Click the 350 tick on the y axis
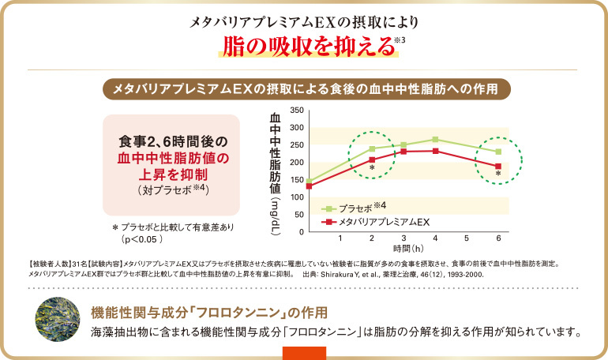[296, 111]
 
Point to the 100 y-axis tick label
[296, 197]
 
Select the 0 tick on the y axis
[300, 232]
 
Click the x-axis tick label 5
[467, 238]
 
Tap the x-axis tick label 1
[340, 238]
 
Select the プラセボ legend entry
[354, 208]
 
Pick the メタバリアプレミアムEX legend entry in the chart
[377, 222]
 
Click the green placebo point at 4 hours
[435, 140]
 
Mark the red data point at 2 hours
[372, 160]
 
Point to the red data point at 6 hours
[498, 167]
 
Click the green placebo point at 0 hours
[309, 182]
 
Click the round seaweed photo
[55, 320]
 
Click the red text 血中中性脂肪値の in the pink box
[171, 159]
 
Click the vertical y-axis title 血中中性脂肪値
[276, 154]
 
